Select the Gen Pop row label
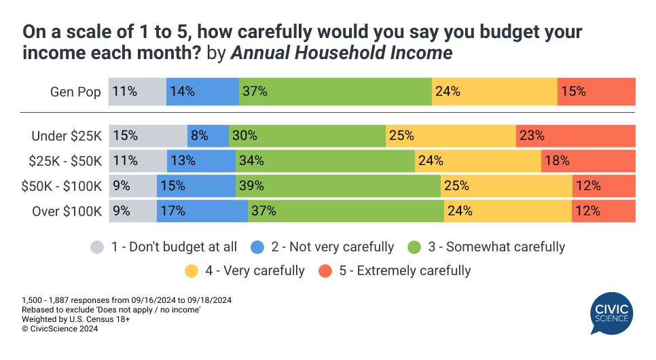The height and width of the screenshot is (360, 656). click(75, 92)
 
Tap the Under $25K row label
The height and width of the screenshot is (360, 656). click(67, 136)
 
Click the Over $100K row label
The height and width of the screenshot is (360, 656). click(67, 211)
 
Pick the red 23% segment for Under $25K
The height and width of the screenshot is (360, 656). click(576, 136)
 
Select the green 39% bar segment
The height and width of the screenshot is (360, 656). click(338, 186)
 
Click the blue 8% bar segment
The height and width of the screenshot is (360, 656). click(208, 136)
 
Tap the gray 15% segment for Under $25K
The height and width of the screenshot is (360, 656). click(148, 136)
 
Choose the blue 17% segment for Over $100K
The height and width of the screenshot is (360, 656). click(202, 211)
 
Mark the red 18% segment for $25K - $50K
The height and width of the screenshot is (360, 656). click(588, 161)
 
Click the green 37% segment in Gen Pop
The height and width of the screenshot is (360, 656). click(335, 92)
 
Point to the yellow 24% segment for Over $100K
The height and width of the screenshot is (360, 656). click(508, 211)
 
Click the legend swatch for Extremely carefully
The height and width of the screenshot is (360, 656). click(326, 271)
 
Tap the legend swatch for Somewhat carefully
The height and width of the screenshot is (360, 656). click(415, 247)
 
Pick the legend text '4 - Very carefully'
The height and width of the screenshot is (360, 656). click(255, 271)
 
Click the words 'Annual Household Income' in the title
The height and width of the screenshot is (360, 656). click(342, 53)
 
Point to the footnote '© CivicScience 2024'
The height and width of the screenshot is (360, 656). click(60, 329)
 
